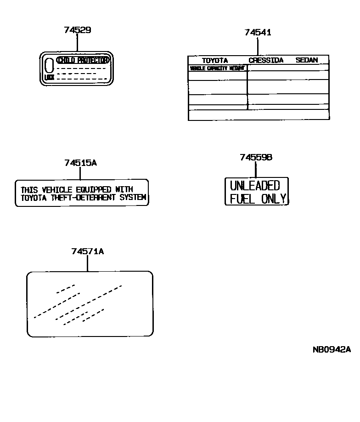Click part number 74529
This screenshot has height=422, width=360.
click(77, 30)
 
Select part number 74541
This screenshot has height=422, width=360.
click(258, 33)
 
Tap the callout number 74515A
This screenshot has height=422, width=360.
click(80, 163)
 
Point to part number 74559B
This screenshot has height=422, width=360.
click(256, 157)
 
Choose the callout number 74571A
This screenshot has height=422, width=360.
click(87, 251)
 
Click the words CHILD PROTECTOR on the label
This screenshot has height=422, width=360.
click(83, 60)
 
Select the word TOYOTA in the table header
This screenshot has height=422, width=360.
click(215, 60)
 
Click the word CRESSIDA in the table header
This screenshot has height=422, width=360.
click(266, 60)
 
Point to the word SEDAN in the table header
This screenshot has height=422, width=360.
click(307, 60)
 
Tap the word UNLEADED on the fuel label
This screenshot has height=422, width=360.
click(255, 186)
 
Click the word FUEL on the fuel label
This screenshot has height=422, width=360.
click(242, 199)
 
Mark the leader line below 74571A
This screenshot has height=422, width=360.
click(87, 263)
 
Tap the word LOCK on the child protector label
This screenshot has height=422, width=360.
click(49, 78)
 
